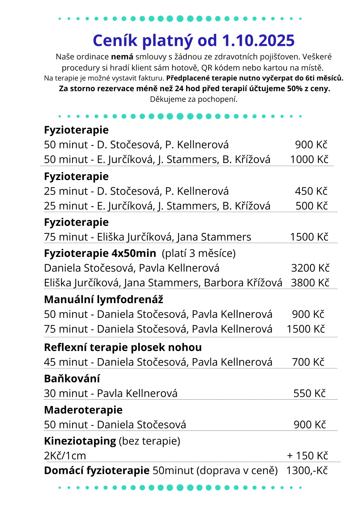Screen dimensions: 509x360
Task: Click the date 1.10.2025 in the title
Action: pyautogui.click(x=258, y=41)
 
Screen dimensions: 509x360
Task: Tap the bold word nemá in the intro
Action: pyautogui.click(x=122, y=57)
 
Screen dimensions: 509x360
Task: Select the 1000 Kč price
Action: pyautogui.click(x=309, y=160)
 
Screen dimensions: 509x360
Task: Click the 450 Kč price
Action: pyautogui.click(x=311, y=191)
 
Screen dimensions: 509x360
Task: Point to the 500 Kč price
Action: pyautogui.click(x=312, y=206)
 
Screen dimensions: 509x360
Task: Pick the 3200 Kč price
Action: pyautogui.click(x=310, y=268)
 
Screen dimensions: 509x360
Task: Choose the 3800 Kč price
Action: pyautogui.click(x=310, y=283)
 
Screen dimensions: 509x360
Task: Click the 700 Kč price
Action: pyautogui.click(x=308, y=362)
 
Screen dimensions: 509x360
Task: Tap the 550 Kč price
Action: pyautogui.click(x=309, y=393)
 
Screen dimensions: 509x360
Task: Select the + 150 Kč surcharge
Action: pyautogui.click(x=307, y=456)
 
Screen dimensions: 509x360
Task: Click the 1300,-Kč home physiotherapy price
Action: pyautogui.click(x=307, y=471)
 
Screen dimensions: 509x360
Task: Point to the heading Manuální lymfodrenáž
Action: pyautogui.click(x=103, y=300)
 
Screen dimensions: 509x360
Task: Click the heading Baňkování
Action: pyautogui.click(x=72, y=379)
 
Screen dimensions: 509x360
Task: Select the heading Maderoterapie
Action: pyautogui.click(x=83, y=410)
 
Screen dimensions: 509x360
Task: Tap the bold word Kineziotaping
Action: pyautogui.click(x=80, y=441)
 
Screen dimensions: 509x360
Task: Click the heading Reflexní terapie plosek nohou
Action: pyautogui.click(x=123, y=348)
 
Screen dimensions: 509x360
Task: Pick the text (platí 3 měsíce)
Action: pyautogui.click(x=199, y=253)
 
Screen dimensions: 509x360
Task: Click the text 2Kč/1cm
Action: pyautogui.click(x=65, y=456)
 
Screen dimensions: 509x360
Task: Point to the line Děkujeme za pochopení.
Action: pyautogui.click(x=194, y=99)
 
